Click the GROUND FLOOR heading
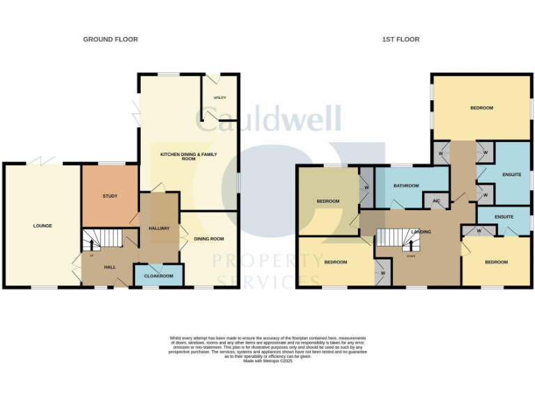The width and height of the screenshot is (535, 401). pyautogui.click(x=111, y=40)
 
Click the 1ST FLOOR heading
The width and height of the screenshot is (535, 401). pyautogui.click(x=401, y=40)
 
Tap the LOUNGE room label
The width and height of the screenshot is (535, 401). pyautogui.click(x=42, y=226)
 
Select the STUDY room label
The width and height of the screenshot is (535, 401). pyautogui.click(x=110, y=196)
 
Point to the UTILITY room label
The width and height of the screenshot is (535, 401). pyautogui.click(x=219, y=98)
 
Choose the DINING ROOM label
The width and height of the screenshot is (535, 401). pyautogui.click(x=208, y=239)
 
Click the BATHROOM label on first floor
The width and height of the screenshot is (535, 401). pyautogui.click(x=405, y=186)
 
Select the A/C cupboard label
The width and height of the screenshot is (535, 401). pyautogui.click(x=436, y=201)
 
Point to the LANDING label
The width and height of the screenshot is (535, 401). pyautogui.click(x=421, y=232)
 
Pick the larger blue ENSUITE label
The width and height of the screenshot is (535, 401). pyautogui.click(x=511, y=174)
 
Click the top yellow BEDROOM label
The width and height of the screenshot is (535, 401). pyautogui.click(x=481, y=108)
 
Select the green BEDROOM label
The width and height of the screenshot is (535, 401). pyautogui.click(x=327, y=201)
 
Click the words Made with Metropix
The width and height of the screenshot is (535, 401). pyautogui.click(x=267, y=361)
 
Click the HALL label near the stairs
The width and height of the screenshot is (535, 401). pyautogui.click(x=109, y=266)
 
